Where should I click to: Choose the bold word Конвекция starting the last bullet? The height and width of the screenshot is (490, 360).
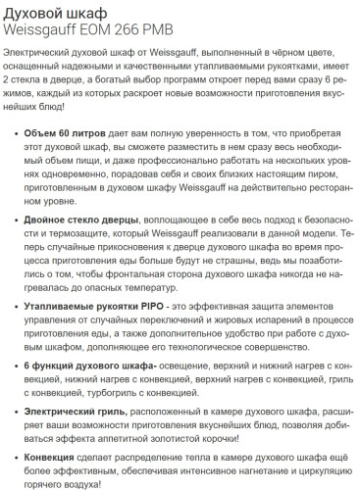(55, 460)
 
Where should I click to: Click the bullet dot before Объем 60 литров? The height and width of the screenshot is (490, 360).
(13, 132)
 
